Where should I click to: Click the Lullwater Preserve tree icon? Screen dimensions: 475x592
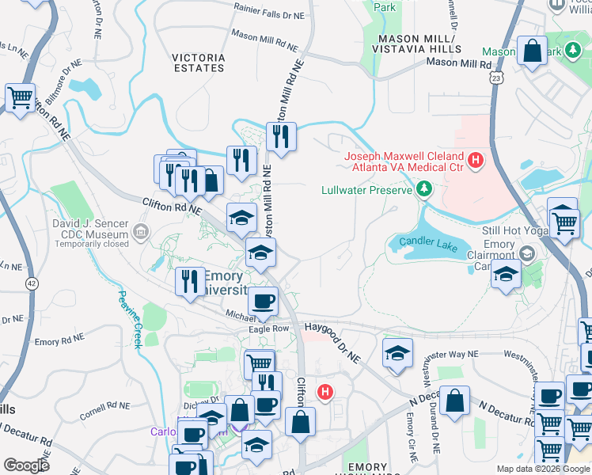pyautogui.click(x=425, y=188)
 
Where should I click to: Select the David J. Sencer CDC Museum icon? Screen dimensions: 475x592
pyautogui.click(x=140, y=231)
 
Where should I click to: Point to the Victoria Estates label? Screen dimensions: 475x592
pyautogui.click(x=198, y=62)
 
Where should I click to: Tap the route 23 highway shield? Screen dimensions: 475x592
pyautogui.click(x=495, y=77)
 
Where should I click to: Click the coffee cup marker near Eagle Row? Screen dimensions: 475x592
pyautogui.click(x=263, y=301)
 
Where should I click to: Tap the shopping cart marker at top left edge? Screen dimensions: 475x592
pyautogui.click(x=20, y=98)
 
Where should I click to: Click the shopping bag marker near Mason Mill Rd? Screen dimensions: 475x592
pyautogui.click(x=533, y=50)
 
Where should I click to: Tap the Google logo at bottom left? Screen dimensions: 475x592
pyautogui.click(x=26, y=465)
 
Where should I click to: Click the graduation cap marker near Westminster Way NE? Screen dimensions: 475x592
pyautogui.click(x=398, y=353)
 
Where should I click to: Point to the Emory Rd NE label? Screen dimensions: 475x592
pyautogui.click(x=58, y=341)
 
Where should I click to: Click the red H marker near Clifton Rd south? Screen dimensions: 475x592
pyautogui.click(x=324, y=391)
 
